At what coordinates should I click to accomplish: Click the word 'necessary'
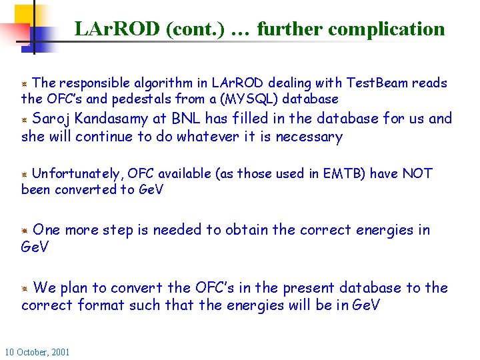(x=309, y=137)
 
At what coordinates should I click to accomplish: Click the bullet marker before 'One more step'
(x=24, y=231)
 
